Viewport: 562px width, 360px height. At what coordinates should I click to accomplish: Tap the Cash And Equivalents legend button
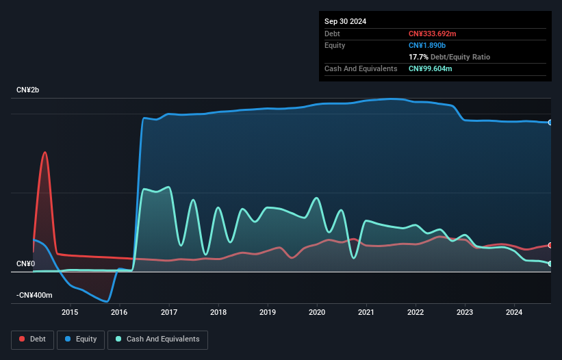157,339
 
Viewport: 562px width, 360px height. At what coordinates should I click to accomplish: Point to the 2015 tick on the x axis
70,313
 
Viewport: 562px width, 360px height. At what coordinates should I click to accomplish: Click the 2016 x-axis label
119,313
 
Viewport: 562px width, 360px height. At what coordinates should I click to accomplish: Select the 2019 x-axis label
268,313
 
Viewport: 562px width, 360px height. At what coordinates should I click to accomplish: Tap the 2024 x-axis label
515,313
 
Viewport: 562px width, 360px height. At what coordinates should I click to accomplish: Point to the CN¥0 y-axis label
26,263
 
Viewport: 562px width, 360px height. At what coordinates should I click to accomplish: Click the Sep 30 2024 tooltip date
345,21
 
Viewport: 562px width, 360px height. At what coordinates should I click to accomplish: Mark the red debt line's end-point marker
550,245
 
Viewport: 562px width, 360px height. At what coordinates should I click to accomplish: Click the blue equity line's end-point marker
550,123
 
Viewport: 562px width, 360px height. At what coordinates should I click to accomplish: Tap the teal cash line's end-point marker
550,263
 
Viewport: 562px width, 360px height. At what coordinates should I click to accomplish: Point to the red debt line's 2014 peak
45,152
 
